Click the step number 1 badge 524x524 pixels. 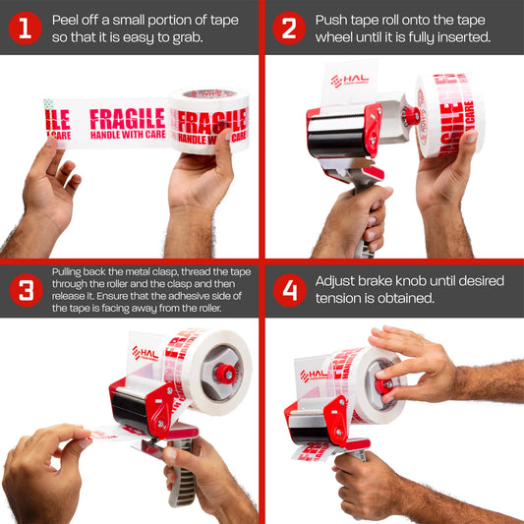[x=25, y=29]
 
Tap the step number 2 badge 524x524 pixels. [x=288, y=29]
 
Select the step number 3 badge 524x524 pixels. [x=25, y=290]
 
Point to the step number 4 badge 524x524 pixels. [x=288, y=290]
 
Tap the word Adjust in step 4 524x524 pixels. [x=337, y=280]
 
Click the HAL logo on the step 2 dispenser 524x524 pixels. [x=349, y=81]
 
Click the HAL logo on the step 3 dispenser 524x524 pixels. [x=145, y=352]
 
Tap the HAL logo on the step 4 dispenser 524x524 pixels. [x=314, y=375]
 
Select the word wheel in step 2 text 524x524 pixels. [x=335, y=37]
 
